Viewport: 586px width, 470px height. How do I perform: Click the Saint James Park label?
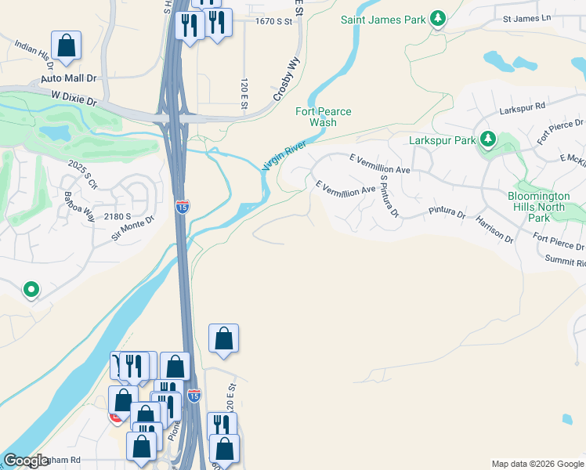[382, 19]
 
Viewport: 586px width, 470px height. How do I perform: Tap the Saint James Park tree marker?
[439, 18]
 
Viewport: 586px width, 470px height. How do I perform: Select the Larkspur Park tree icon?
[489, 139]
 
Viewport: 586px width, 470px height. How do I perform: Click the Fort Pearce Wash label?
[323, 117]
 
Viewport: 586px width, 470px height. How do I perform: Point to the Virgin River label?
[282, 153]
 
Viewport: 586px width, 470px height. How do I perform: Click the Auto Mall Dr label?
[68, 79]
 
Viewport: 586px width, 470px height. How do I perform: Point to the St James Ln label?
[527, 17]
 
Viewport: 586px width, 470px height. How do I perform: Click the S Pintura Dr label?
[389, 196]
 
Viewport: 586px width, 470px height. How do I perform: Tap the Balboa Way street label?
[79, 205]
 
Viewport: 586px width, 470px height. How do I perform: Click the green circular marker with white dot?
[31, 291]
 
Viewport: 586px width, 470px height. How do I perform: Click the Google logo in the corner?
[26, 461]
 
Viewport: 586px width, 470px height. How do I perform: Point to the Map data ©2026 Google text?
[537, 464]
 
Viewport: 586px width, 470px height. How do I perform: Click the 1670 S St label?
[273, 22]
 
